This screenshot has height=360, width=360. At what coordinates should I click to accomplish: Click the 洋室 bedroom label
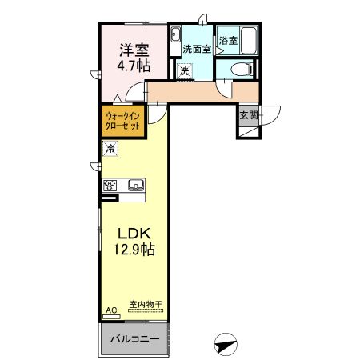134,50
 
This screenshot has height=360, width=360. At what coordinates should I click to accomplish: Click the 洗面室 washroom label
196,49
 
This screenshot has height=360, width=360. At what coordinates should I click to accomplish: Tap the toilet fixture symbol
238,70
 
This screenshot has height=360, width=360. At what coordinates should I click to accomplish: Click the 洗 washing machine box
184,71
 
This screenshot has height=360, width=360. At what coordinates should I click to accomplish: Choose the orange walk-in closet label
122,122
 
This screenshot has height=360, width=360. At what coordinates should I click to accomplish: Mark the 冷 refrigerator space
110,148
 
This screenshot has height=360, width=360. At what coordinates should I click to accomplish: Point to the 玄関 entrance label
248,115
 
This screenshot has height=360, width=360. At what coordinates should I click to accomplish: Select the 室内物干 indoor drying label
146,305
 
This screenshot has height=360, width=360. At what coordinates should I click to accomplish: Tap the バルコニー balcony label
134,339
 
